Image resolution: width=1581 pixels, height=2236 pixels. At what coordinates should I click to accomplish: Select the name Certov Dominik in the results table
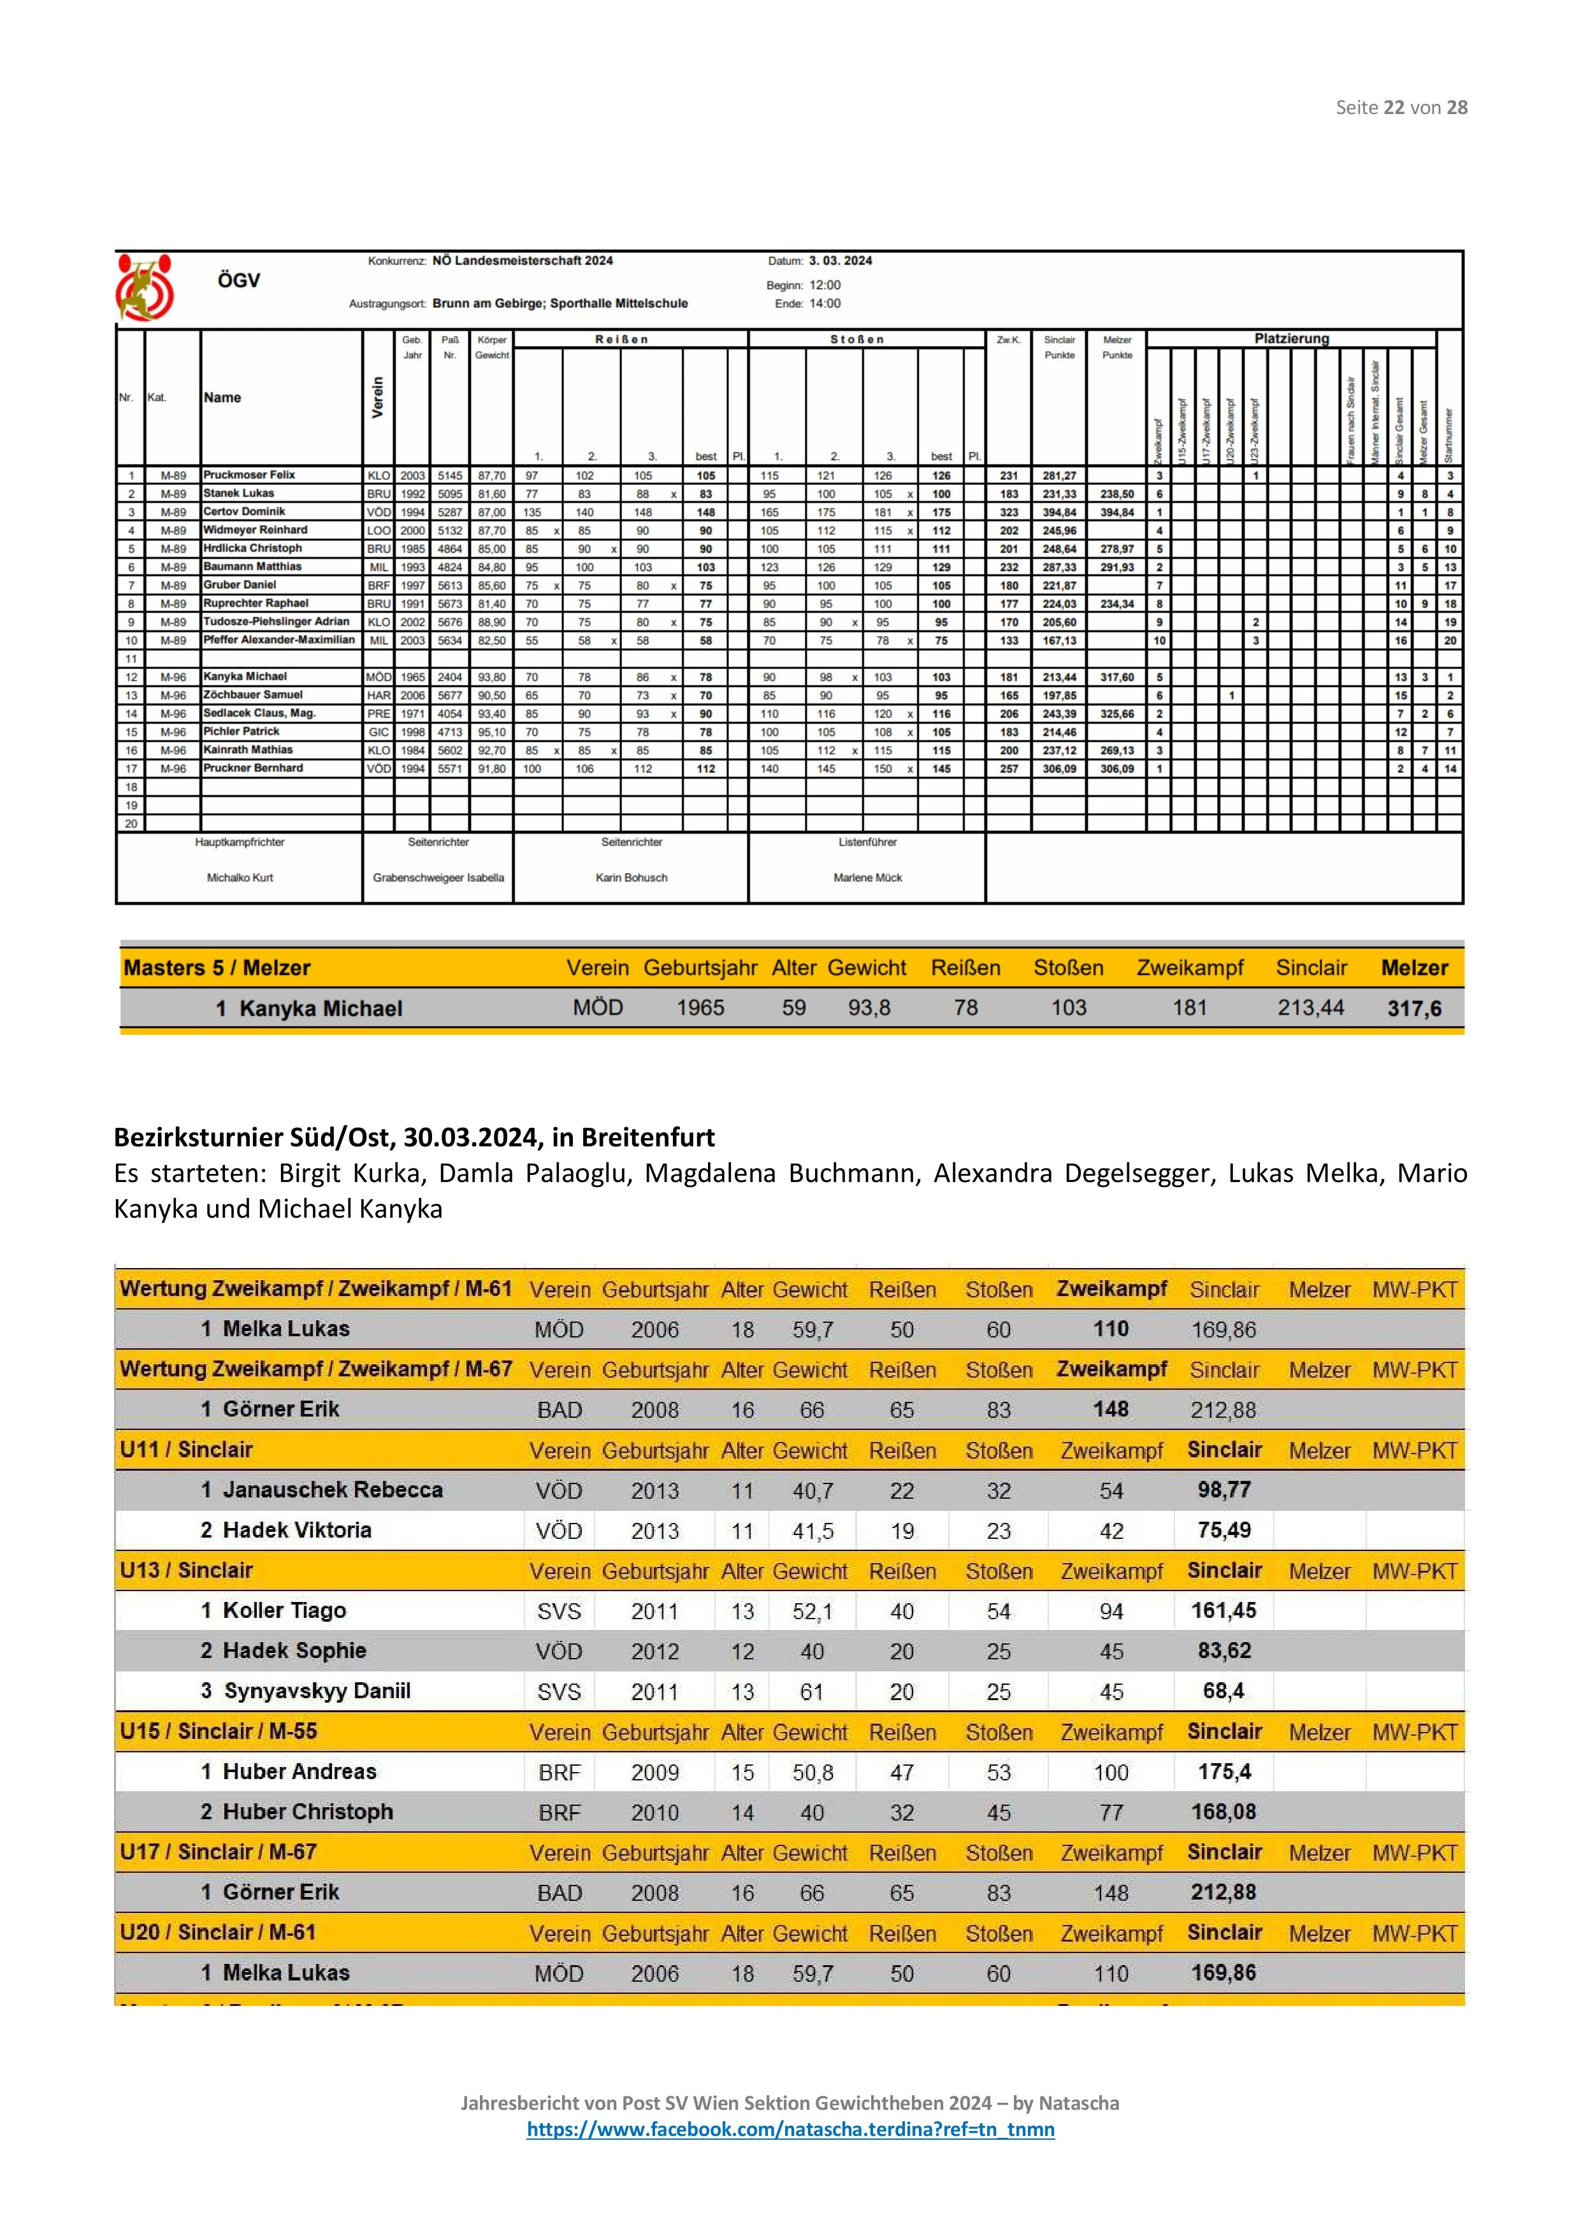[245, 511]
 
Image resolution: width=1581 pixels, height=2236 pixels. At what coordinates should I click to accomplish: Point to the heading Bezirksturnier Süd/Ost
[414, 1137]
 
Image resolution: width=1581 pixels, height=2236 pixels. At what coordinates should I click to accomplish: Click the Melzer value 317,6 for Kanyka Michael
[1413, 1008]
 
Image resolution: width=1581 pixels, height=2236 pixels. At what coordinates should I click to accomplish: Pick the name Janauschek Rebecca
[332, 1489]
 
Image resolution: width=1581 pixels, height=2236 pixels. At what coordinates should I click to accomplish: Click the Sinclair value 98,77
[1224, 1489]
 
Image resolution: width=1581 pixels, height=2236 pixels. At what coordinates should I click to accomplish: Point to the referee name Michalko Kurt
[240, 877]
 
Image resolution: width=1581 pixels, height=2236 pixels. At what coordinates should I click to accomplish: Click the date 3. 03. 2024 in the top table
[840, 261]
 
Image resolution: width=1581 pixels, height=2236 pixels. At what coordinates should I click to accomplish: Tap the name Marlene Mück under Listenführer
[867, 877]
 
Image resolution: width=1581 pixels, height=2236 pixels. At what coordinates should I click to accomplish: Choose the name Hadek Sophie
[294, 1650]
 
